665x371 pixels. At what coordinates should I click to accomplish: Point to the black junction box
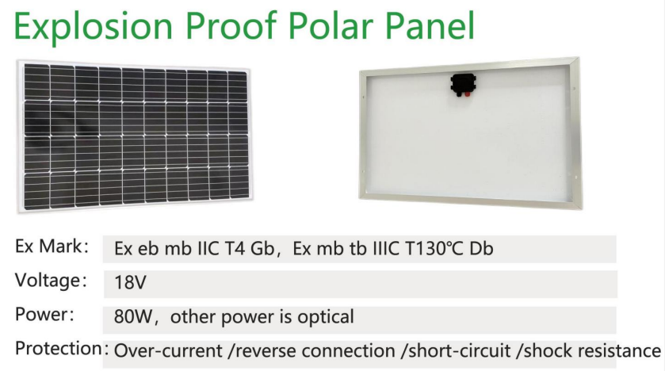[463, 84]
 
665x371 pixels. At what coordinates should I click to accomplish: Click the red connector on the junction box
[467, 94]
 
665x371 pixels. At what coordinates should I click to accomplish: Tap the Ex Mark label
[52, 247]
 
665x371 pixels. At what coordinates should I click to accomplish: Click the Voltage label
[51, 281]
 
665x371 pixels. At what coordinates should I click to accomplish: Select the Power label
[44, 315]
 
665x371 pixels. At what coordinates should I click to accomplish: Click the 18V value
[130, 282]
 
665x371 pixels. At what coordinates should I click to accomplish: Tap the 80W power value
[132, 317]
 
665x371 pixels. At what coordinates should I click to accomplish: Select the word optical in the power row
[326, 317]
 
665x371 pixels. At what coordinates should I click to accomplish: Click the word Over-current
[168, 351]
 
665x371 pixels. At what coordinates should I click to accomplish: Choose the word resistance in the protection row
[619, 351]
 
